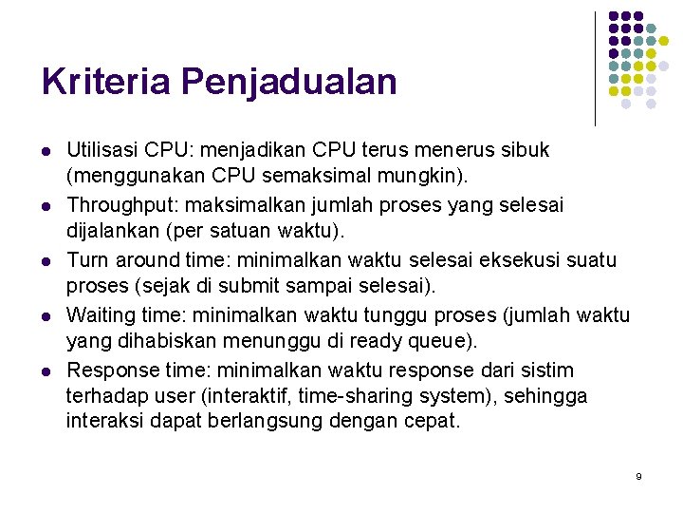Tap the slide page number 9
point(638,475)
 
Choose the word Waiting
point(102,314)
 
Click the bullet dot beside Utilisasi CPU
point(45,151)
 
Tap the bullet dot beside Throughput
point(45,206)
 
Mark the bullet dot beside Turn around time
point(45,260)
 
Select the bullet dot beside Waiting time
point(45,315)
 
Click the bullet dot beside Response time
point(45,370)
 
